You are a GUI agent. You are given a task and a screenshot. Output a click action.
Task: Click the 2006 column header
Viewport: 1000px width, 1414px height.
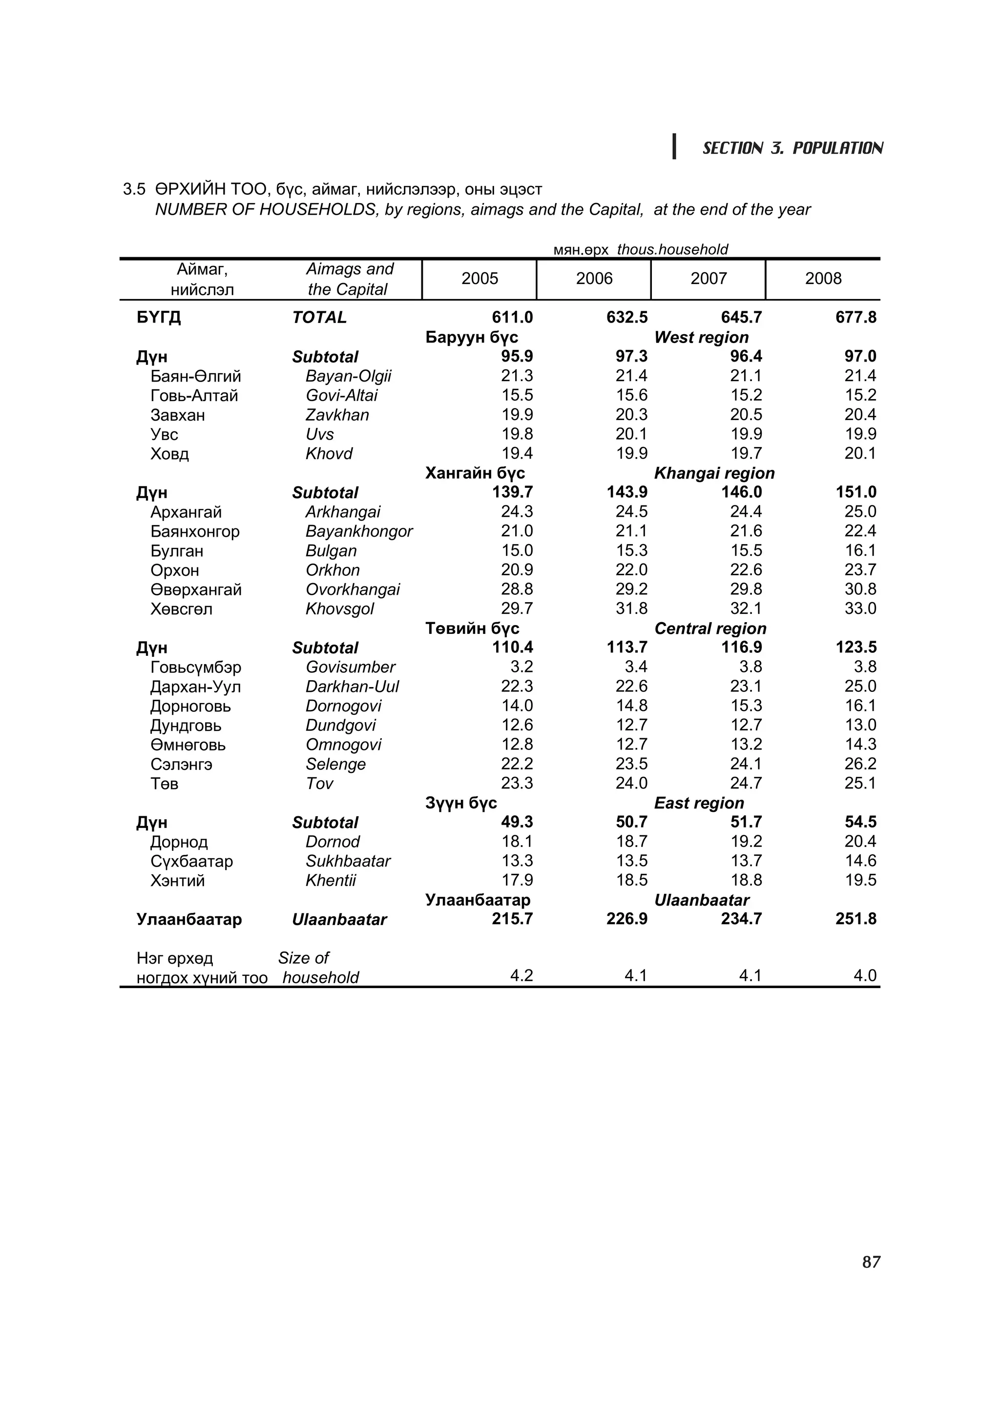tap(593, 279)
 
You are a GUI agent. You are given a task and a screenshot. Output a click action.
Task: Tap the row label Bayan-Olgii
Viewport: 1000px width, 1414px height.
tap(348, 376)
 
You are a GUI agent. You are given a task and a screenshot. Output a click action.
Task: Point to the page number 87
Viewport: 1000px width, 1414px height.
tap(871, 1262)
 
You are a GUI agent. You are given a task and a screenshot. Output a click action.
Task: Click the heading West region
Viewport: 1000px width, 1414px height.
tap(701, 338)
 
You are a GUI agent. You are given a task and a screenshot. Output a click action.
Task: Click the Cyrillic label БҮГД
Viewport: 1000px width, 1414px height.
tap(158, 318)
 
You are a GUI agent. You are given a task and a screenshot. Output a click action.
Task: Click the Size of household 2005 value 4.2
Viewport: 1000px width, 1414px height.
tap(521, 975)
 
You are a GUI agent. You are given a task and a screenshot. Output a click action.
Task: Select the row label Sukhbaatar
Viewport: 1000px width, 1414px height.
tap(348, 861)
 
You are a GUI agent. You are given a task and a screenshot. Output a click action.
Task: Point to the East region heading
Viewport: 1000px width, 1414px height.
tap(698, 803)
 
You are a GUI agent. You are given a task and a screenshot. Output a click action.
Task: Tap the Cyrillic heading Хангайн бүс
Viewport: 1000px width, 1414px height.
tap(475, 473)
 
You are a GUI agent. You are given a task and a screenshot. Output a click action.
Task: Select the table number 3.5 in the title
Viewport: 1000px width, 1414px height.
tap(134, 189)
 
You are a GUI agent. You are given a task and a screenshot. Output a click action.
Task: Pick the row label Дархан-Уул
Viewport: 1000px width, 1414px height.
tap(195, 687)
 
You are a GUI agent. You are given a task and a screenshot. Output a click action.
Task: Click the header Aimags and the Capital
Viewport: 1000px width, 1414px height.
tap(349, 279)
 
